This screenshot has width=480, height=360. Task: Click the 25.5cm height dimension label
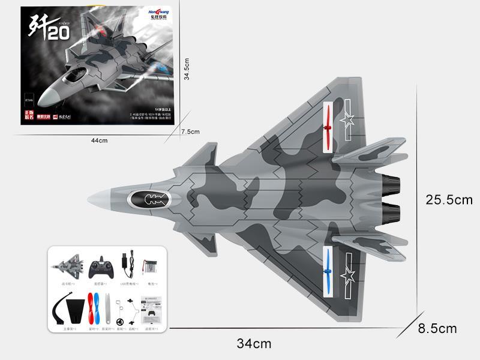448,200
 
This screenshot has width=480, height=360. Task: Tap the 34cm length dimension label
254,344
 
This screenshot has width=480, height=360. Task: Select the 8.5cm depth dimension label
437,328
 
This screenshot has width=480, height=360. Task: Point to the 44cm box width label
99,140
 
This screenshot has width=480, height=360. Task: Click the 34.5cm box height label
187,68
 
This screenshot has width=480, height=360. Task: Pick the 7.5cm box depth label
190,131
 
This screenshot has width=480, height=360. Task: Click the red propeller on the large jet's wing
328,128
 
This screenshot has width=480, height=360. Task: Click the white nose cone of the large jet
99,199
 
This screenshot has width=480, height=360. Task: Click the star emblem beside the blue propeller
347,277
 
